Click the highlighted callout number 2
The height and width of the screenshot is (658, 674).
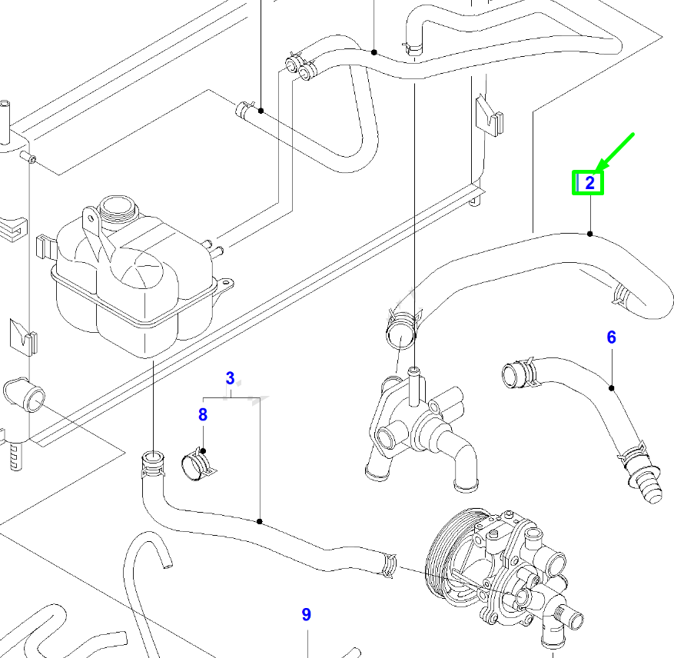[x=589, y=183]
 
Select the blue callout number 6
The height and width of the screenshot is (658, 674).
[x=612, y=337]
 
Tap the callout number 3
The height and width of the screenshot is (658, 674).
[x=230, y=377]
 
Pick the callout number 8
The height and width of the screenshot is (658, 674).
[x=203, y=415]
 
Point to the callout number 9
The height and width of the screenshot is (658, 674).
[x=306, y=614]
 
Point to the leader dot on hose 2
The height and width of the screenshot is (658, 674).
[x=589, y=234]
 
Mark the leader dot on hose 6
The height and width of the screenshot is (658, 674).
[x=612, y=388]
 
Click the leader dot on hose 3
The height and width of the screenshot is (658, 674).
[x=260, y=522]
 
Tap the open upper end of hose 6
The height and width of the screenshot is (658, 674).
[x=512, y=375]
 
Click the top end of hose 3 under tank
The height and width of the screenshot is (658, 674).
[x=151, y=464]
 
